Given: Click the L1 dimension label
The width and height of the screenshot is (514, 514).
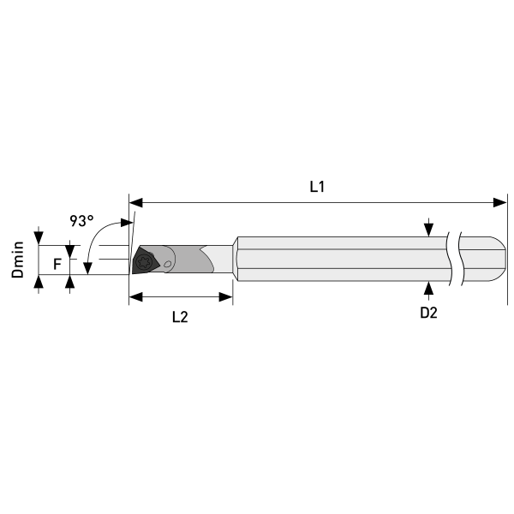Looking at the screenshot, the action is (317, 187).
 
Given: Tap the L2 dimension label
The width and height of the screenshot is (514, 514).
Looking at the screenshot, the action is (180, 317).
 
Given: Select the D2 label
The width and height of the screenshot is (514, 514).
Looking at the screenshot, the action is (428, 313).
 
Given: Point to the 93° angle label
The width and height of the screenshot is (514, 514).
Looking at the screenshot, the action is (81, 221).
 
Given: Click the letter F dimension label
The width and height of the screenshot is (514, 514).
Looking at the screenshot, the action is (57, 264).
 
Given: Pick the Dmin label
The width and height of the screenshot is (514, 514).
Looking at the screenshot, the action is (18, 260).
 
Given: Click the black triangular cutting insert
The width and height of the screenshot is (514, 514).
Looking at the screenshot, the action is (146, 260).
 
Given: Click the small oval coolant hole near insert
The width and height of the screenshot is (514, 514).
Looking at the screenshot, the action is (168, 264).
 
